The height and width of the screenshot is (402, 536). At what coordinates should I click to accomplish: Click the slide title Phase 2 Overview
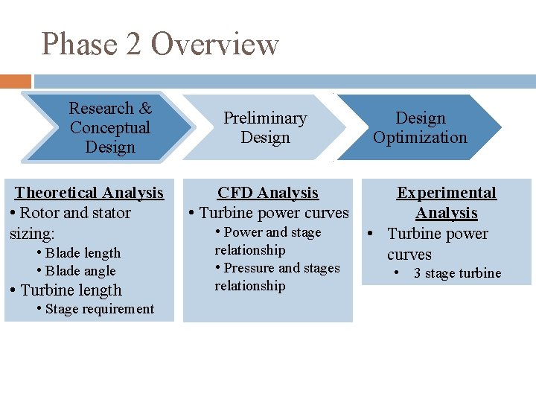pyautogui.click(x=160, y=44)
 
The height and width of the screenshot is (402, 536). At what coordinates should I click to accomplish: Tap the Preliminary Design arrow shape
pyautogui.click(x=265, y=127)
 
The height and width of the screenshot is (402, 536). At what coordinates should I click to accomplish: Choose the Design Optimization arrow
pyautogui.click(x=420, y=127)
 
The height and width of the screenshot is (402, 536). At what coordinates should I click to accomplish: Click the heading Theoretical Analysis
pyautogui.click(x=89, y=193)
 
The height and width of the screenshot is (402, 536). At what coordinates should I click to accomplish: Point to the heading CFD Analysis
pyautogui.click(x=268, y=193)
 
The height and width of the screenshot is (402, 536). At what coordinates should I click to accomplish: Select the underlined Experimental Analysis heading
pyautogui.click(x=447, y=202)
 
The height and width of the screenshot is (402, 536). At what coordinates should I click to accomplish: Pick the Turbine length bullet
pyautogui.click(x=70, y=290)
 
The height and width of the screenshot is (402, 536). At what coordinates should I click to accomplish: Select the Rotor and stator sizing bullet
pyautogui.click(x=71, y=223)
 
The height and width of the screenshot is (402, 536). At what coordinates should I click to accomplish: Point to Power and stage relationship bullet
pyautogui.click(x=268, y=241)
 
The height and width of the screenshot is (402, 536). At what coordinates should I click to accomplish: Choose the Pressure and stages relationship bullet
pyautogui.click(x=277, y=277)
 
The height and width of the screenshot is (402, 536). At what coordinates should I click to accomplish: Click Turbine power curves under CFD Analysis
pyautogui.click(x=273, y=213)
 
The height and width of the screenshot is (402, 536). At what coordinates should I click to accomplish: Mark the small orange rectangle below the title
pyautogui.click(x=16, y=81)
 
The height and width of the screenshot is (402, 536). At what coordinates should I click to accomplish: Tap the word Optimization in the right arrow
pyautogui.click(x=420, y=137)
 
